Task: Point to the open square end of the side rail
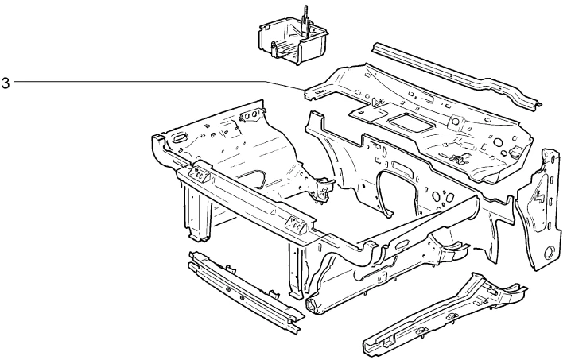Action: [x=311, y=304]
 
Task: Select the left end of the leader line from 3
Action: [x=14, y=81]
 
